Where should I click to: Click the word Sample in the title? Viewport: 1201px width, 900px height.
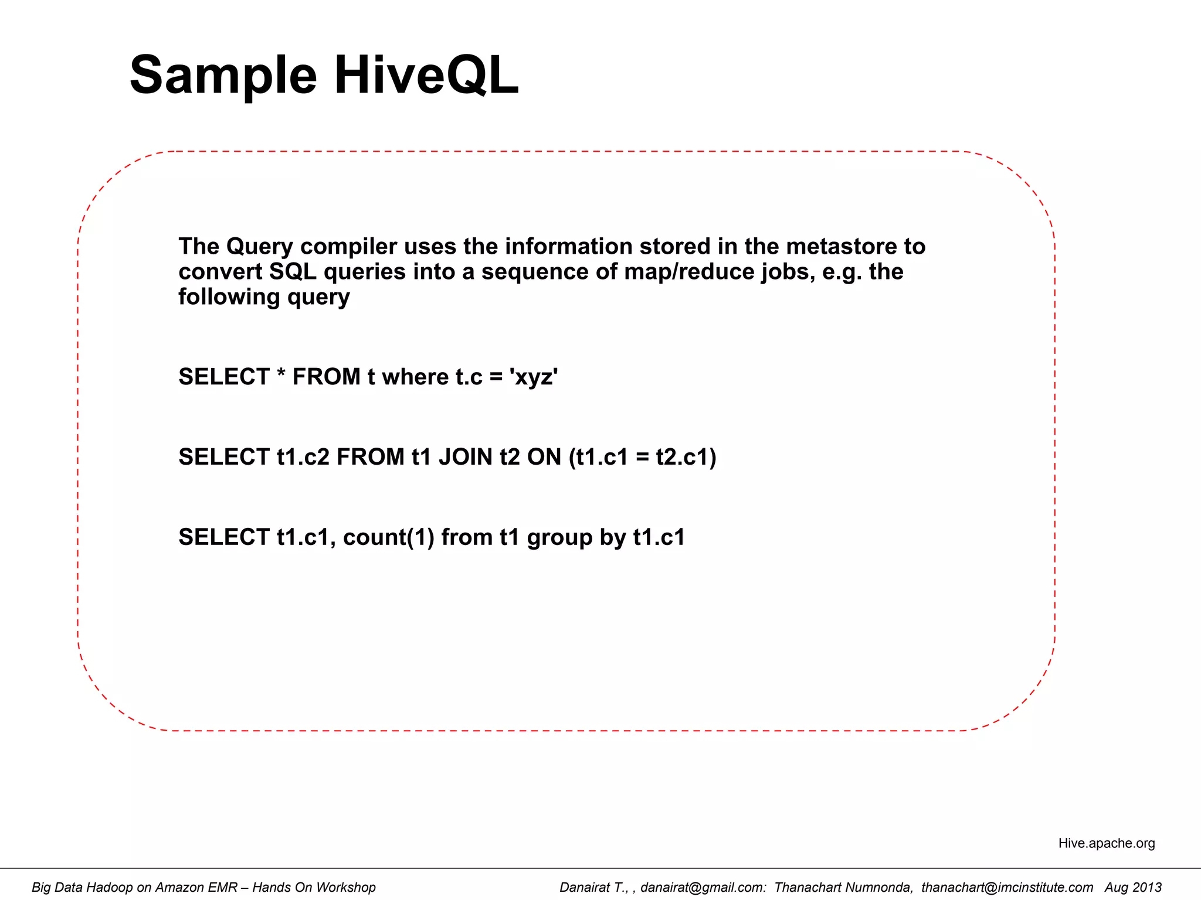pos(223,76)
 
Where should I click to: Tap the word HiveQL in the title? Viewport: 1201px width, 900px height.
pos(426,76)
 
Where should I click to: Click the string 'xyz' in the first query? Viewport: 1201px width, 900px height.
pos(535,377)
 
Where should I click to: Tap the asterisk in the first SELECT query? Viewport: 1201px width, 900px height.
pos(281,374)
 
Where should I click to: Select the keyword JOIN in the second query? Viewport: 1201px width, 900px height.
pos(466,457)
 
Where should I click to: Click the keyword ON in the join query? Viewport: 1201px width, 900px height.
pos(544,457)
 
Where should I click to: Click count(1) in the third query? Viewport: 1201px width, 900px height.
pos(388,537)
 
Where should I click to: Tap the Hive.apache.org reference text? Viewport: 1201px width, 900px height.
pos(1106,843)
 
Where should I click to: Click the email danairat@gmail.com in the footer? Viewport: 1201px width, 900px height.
pos(703,888)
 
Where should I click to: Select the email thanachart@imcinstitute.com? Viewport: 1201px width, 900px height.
pos(1007,888)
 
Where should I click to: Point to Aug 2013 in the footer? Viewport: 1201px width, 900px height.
pos(1133,888)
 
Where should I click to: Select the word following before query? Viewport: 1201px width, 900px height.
pos(229,298)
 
